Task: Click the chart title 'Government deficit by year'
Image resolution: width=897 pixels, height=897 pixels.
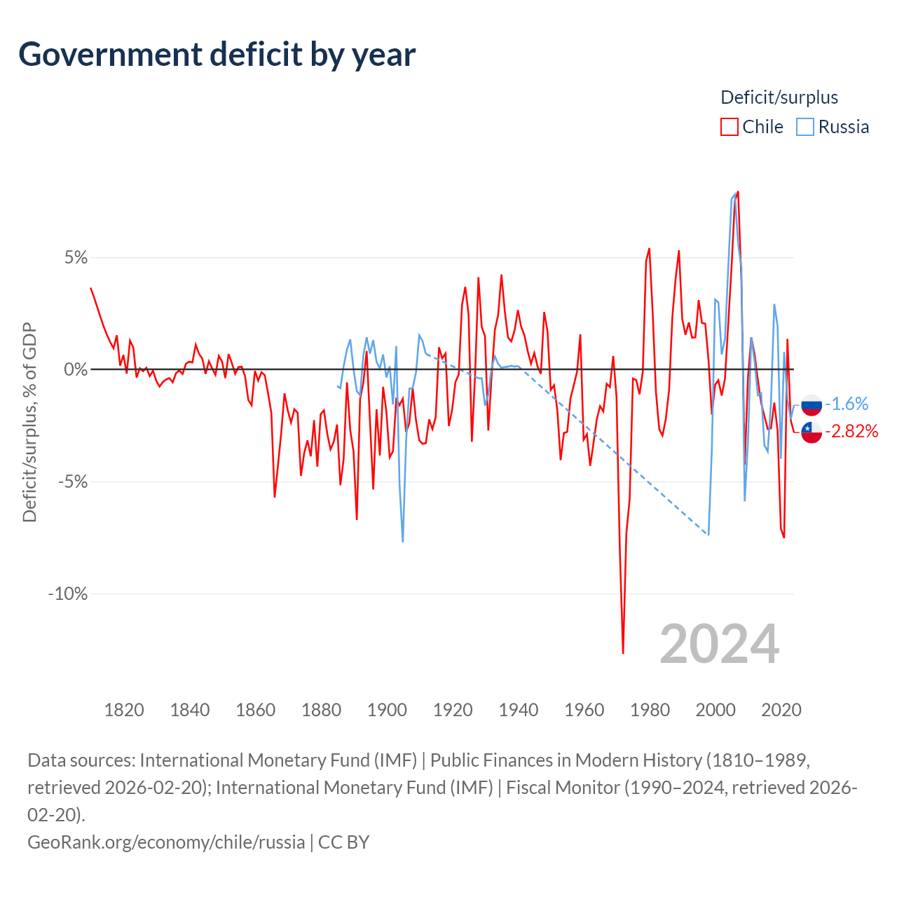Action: coord(217,55)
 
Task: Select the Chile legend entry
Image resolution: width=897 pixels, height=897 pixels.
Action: coord(752,127)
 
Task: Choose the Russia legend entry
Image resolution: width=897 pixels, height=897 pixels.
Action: coord(833,127)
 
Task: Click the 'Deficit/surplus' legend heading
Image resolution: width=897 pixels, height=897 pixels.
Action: coord(779,97)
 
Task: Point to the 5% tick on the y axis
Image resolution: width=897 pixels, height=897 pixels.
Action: coord(76,258)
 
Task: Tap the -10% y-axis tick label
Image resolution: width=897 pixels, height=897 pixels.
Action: coord(68,594)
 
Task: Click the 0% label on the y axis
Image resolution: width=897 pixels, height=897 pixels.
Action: coord(76,370)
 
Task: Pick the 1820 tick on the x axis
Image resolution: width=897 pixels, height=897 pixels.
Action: coord(124,710)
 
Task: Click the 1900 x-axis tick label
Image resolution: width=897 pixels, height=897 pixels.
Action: coord(387,710)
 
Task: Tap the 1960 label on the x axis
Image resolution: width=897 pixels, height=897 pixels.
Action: coord(584,710)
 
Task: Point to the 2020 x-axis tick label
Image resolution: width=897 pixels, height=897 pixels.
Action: coord(781,710)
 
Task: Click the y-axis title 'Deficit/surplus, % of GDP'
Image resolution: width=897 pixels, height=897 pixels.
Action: coord(29,422)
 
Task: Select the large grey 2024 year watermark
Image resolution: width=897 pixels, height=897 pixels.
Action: coord(719,643)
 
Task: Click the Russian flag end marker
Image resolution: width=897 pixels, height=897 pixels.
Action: coord(812,404)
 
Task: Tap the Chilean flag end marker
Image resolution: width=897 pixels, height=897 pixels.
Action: coord(812,432)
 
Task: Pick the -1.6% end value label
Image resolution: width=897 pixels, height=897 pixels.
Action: coord(847,404)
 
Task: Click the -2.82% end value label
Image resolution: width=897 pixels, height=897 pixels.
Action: coord(851,432)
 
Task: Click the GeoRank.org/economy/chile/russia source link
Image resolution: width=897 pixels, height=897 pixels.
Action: coord(166,842)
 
